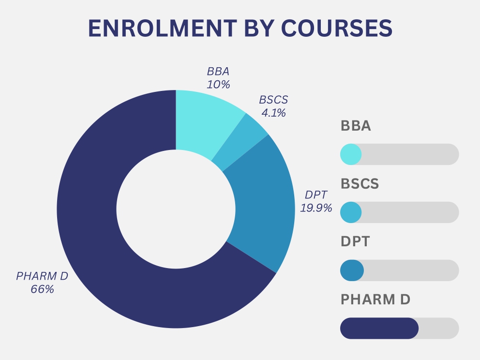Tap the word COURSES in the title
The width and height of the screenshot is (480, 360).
[337, 29]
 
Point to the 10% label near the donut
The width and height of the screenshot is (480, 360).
[218, 84]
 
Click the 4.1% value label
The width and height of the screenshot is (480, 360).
[273, 113]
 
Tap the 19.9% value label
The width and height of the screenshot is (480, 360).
[316, 208]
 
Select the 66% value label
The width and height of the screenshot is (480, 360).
[42, 289]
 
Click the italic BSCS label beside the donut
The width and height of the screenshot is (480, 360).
[273, 100]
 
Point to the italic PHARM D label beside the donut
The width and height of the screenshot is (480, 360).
[42, 276]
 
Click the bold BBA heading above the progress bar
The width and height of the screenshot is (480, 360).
[356, 126]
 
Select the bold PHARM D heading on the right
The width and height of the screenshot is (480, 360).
[375, 299]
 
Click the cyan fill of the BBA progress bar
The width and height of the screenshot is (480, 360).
[350, 154]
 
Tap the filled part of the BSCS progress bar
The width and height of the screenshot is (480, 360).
[350, 212]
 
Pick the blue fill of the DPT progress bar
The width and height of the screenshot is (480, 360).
[352, 270]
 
